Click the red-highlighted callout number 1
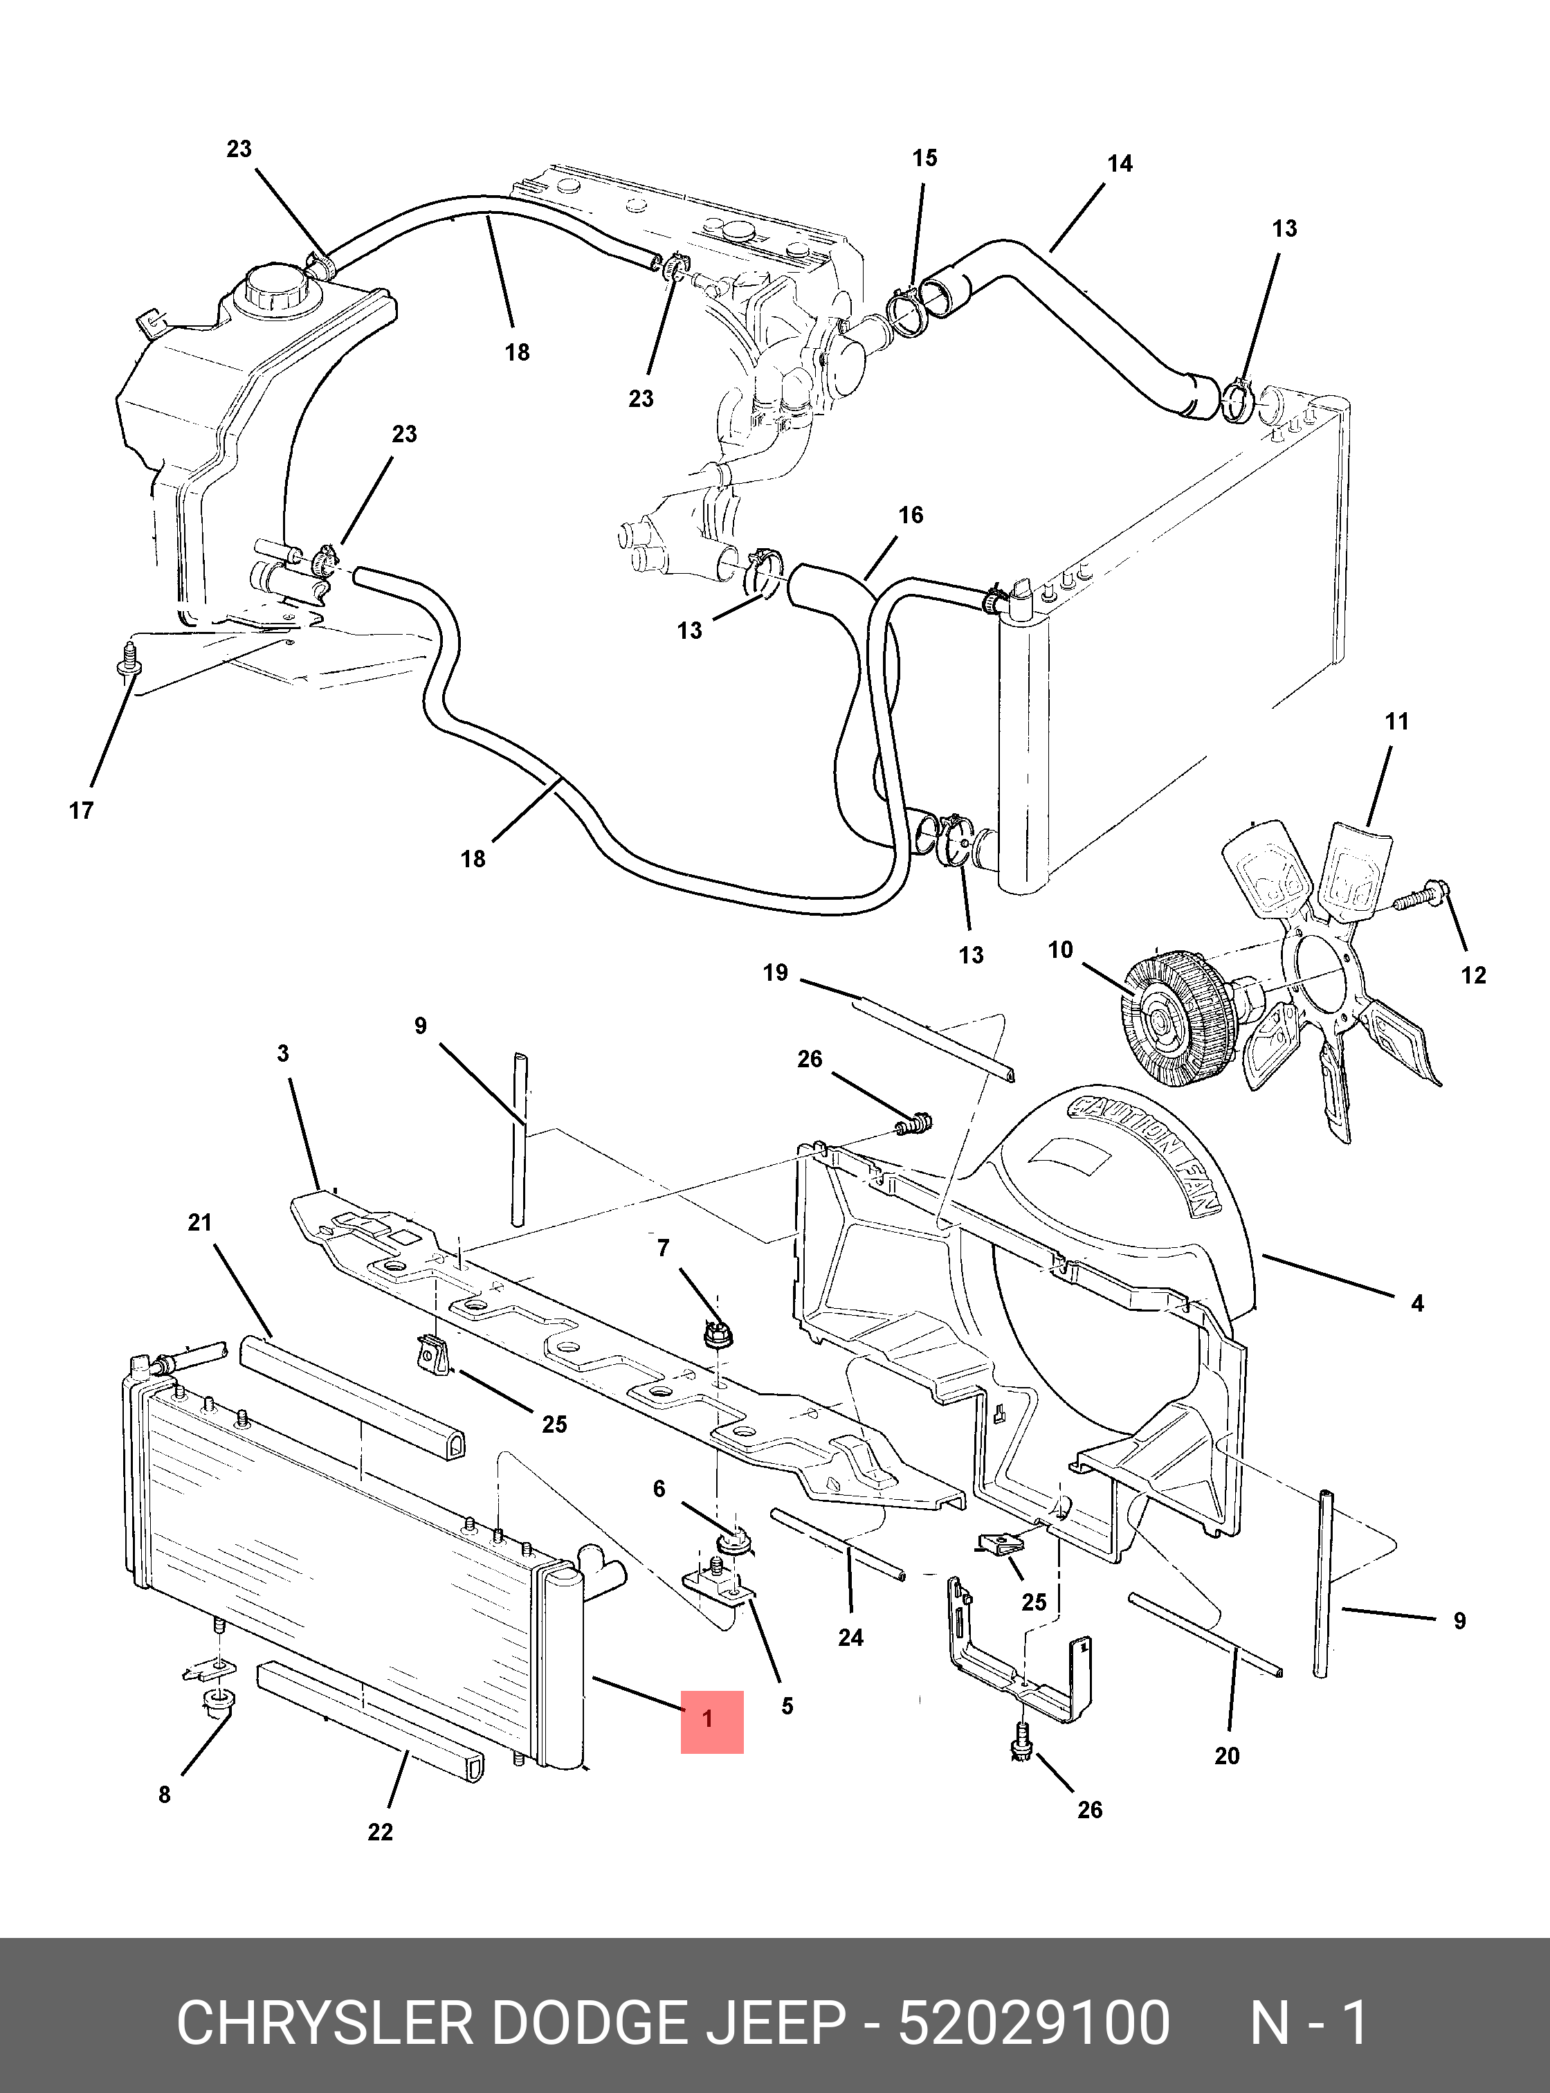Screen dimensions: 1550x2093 (709, 1719)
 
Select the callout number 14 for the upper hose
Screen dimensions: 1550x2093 (1120, 163)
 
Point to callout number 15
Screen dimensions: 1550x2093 (924, 158)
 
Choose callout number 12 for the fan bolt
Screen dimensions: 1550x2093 (1473, 975)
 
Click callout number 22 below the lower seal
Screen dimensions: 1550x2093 (380, 1831)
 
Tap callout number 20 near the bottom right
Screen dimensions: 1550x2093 (1228, 1755)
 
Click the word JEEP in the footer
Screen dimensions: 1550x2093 (774, 2022)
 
